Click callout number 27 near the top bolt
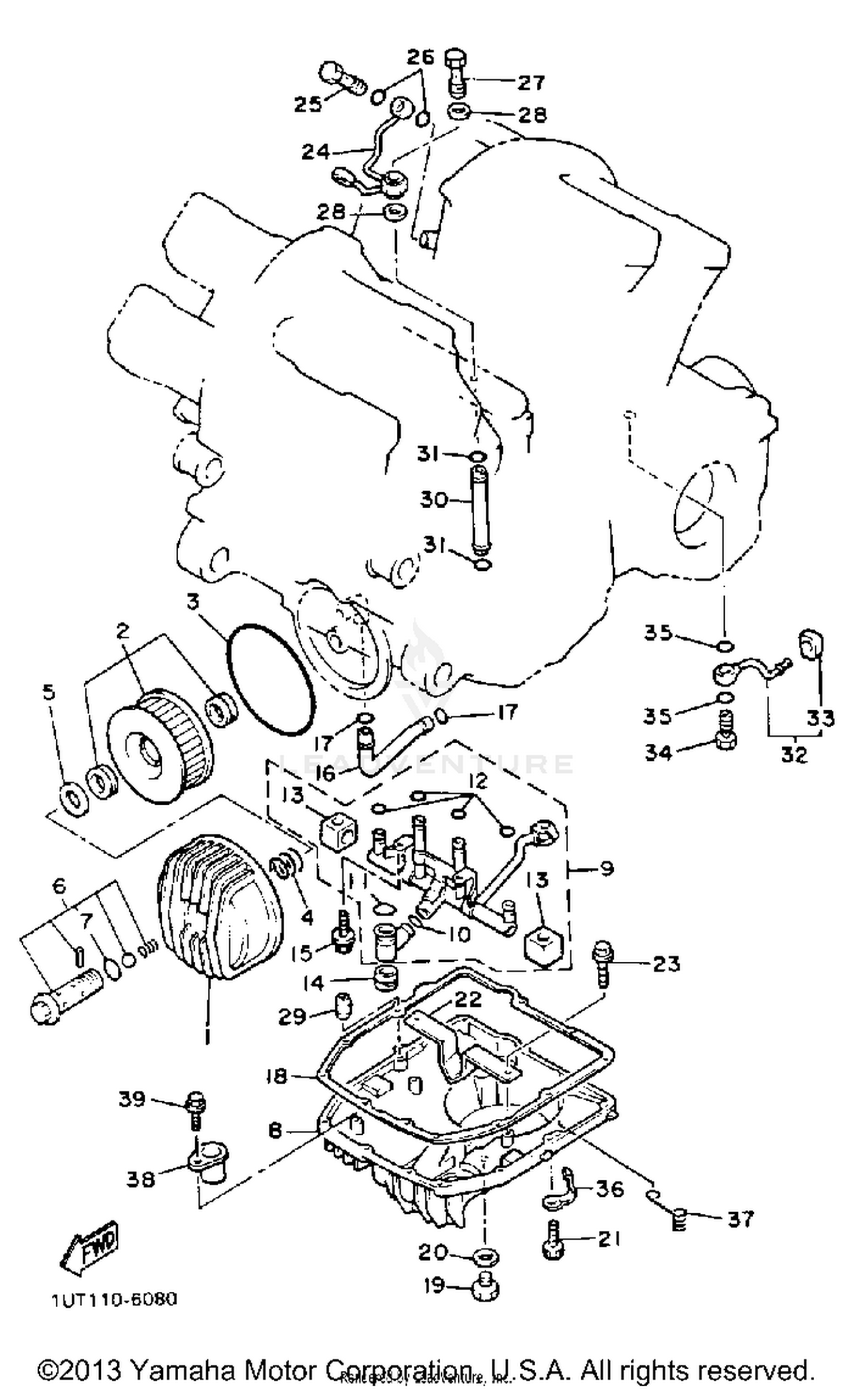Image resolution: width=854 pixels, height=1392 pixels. [531, 83]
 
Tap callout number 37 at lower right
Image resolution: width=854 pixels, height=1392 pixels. [740, 1219]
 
